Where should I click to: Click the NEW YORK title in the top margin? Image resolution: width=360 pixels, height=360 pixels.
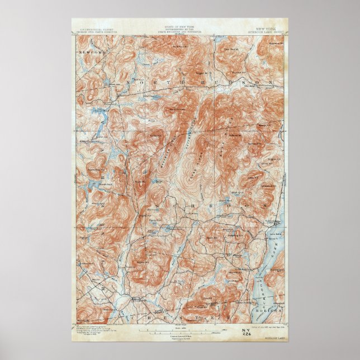(x=266, y=26)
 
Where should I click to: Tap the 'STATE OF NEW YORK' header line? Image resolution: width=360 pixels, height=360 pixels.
(x=177, y=25)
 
